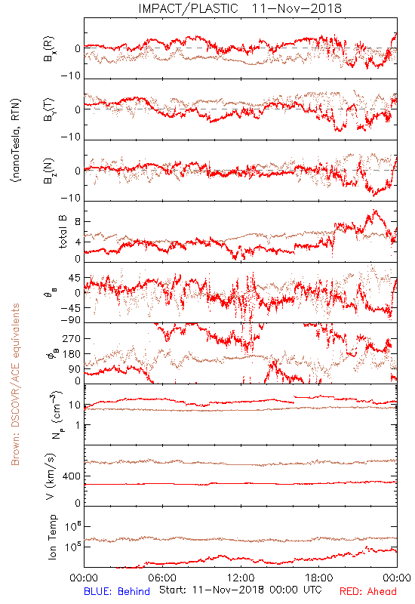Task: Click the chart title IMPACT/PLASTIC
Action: pyautogui.click(x=188, y=8)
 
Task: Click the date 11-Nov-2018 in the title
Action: pyautogui.click(x=297, y=8)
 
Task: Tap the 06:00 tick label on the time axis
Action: pyautogui.click(x=162, y=578)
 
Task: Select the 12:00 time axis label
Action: pyautogui.click(x=241, y=578)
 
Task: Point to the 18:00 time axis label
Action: pyautogui.click(x=319, y=578)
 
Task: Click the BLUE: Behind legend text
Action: pyautogui.click(x=117, y=591)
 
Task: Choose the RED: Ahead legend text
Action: pyautogui.click(x=368, y=591)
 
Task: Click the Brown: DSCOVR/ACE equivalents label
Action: pyautogui.click(x=15, y=384)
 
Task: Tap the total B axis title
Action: pyautogui.click(x=63, y=232)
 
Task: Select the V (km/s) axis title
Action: pyautogui.click(x=51, y=476)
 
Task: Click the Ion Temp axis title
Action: pyautogui.click(x=52, y=537)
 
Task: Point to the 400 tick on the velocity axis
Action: pyautogui.click(x=72, y=476)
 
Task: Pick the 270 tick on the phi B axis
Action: pyautogui.click(x=72, y=338)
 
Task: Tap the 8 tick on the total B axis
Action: pyautogui.click(x=78, y=221)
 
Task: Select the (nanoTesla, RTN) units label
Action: pyautogui.click(x=16, y=140)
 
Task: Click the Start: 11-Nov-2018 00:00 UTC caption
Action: pyautogui.click(x=241, y=590)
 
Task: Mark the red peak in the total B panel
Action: pyautogui.click(x=374, y=211)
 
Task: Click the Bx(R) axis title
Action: pyautogui.click(x=49, y=48)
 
